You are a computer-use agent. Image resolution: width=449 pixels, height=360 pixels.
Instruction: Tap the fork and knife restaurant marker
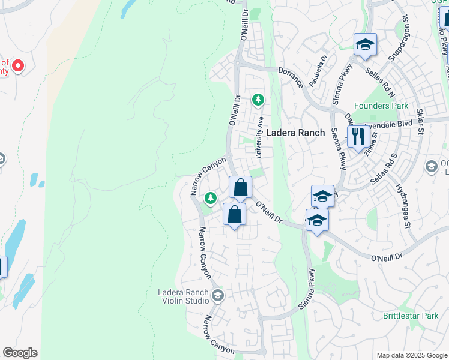point(358,136)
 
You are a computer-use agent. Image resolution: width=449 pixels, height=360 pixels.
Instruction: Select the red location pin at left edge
point(18,65)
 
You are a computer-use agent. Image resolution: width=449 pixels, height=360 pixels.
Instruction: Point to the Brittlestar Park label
point(411,315)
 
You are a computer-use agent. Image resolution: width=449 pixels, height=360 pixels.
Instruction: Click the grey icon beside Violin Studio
point(217,295)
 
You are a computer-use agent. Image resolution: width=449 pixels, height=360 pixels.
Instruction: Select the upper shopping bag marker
point(240,187)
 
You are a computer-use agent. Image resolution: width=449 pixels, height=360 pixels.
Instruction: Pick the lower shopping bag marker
point(234,214)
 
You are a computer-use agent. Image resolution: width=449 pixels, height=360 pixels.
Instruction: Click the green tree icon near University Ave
point(258,99)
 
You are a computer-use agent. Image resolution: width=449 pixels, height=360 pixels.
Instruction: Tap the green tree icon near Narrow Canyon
point(210,197)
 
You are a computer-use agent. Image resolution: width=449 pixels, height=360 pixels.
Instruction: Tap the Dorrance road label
point(291,77)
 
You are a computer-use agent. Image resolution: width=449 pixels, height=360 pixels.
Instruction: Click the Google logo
point(20,353)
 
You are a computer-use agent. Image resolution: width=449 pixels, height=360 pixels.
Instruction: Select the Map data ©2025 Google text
point(411,355)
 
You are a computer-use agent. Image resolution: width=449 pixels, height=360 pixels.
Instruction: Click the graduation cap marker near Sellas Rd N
point(364,45)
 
